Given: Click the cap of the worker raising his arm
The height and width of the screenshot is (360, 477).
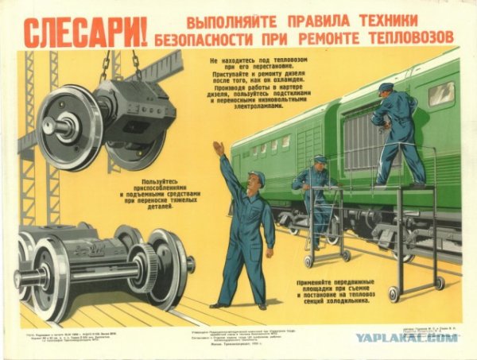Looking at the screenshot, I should point(256,176).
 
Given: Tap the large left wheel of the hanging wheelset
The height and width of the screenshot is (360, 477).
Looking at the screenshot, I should point(68,127).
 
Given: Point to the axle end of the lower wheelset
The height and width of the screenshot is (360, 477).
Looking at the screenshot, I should point(24,278).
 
